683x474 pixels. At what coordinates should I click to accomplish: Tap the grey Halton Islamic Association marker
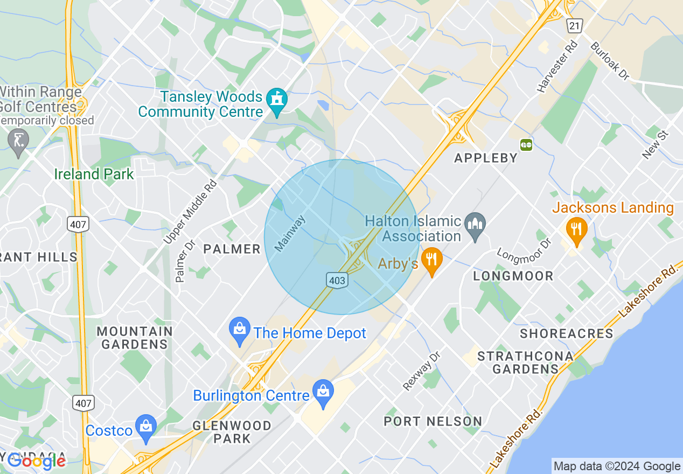pyautogui.click(x=476, y=226)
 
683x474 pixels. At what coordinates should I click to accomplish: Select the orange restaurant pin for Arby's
pyautogui.click(x=431, y=260)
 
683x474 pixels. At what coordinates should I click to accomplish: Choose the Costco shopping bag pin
pyautogui.click(x=146, y=428)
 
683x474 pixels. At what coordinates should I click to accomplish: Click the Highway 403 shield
pyautogui.click(x=336, y=280)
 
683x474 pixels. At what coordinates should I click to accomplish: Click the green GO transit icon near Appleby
pyautogui.click(x=526, y=144)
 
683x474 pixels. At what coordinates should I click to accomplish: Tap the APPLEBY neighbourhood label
pyautogui.click(x=486, y=158)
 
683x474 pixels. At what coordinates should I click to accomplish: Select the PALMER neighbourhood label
pyautogui.click(x=232, y=249)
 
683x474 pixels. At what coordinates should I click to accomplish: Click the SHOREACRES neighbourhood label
pyautogui.click(x=566, y=333)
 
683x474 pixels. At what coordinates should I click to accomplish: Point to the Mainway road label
pyautogui.click(x=290, y=234)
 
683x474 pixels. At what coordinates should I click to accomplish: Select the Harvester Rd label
pyautogui.click(x=557, y=66)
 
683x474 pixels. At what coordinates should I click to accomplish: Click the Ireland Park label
pyautogui.click(x=94, y=174)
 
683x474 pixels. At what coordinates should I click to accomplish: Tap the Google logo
pyautogui.click(x=37, y=461)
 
